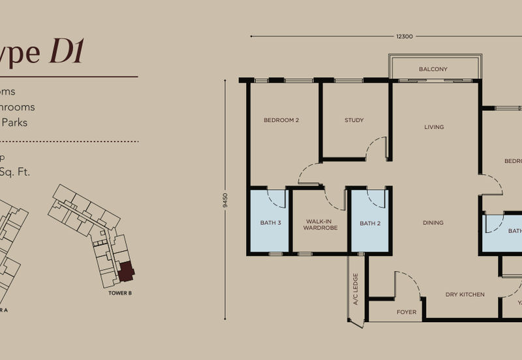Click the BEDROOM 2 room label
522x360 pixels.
pyautogui.click(x=281, y=120)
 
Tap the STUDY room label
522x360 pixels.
pyautogui.click(x=354, y=120)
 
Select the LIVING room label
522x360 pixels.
pyautogui.click(x=434, y=127)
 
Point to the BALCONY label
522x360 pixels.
pyautogui.click(x=433, y=69)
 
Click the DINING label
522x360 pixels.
pyautogui.click(x=433, y=223)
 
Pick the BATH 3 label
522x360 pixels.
pyautogui.click(x=270, y=223)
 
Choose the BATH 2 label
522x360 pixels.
pyautogui.click(x=369, y=223)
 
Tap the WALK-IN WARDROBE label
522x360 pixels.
pyautogui.click(x=321, y=225)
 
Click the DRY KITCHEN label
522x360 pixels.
pyautogui.click(x=465, y=295)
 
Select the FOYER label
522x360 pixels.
pyautogui.click(x=407, y=312)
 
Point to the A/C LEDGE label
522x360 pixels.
pyautogui.click(x=356, y=290)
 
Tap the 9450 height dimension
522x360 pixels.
pyautogui.click(x=226, y=200)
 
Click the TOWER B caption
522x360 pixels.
pyautogui.click(x=120, y=293)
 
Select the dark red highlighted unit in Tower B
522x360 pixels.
pyautogui.click(x=125, y=271)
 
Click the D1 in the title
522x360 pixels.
pyautogui.click(x=67, y=52)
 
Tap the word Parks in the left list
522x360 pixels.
pyautogui.click(x=14, y=122)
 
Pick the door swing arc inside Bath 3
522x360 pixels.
pyautogui.click(x=278, y=198)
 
